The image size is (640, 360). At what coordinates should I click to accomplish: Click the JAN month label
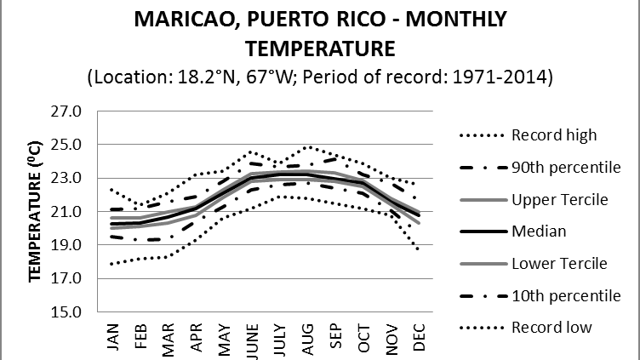click(113, 334)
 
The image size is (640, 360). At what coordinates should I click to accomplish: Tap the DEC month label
click(419, 334)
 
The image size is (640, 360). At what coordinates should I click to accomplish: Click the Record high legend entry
click(553, 134)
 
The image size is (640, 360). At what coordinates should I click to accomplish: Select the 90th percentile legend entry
click(565, 167)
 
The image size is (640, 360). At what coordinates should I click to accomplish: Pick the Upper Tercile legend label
click(558, 199)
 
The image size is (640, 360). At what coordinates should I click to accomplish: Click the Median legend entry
click(537, 231)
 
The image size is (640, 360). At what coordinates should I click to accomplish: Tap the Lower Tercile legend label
click(558, 264)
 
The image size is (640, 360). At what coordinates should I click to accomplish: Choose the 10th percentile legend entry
click(565, 295)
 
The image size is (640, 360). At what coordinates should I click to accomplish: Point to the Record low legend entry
click(551, 328)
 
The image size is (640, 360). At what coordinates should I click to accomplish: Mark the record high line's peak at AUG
click(308, 146)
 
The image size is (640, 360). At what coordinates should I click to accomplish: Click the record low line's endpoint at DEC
click(419, 249)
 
